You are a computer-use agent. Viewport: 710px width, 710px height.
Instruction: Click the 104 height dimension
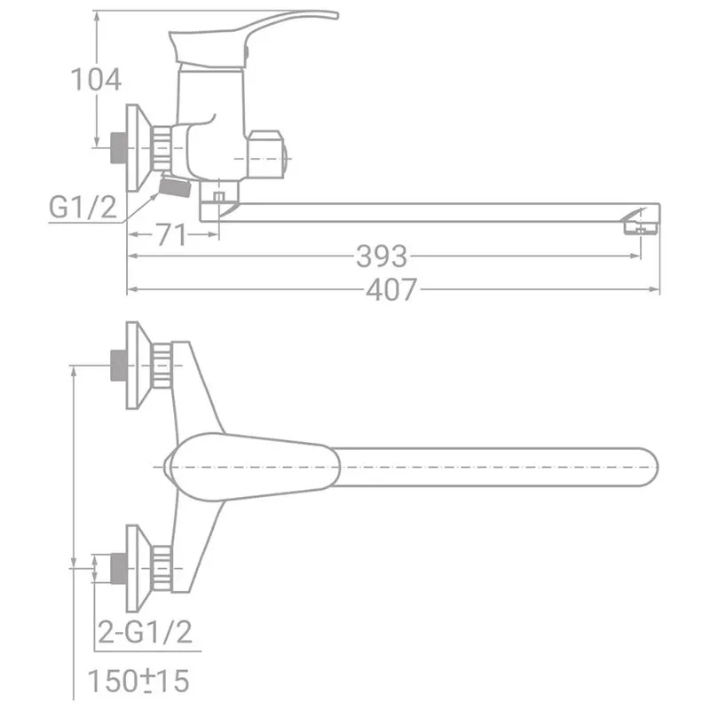pos(96,80)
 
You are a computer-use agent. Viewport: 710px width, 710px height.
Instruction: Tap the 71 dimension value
pos(171,234)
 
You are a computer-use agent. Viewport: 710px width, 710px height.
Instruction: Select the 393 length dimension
pos(382,256)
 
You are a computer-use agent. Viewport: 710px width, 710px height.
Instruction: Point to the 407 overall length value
pos(391,290)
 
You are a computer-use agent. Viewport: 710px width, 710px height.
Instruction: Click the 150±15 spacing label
pos(138,680)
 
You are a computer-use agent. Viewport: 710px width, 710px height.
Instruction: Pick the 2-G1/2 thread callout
pos(145,632)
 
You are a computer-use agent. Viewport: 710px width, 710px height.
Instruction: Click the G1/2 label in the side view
pos(83,208)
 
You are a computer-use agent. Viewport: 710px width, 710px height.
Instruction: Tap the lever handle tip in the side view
pos(334,15)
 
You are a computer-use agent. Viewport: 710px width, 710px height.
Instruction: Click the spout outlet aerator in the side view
pos(640,228)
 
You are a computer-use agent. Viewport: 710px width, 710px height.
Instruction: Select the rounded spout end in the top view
pos(649,467)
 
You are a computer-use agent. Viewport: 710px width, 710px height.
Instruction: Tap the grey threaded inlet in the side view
pos(118,147)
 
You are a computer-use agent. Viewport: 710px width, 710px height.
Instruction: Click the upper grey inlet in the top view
pos(119,365)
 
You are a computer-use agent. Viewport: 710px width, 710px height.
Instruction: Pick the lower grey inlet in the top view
pos(119,568)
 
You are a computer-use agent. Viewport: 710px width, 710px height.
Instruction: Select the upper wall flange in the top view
pos(138,366)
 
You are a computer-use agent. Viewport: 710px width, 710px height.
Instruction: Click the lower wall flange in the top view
pos(138,568)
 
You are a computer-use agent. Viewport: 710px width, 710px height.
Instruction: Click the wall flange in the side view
pos(138,148)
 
